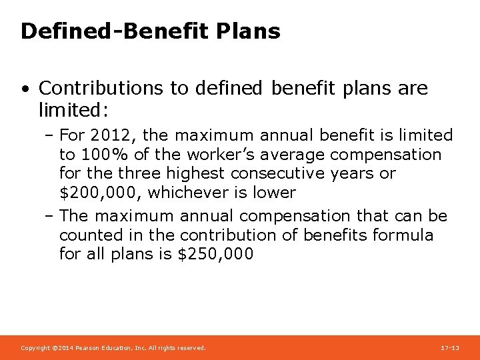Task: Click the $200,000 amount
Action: (x=99, y=193)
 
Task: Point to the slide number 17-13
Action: (x=450, y=348)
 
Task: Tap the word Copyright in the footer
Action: (x=35, y=348)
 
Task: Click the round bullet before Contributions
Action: (x=25, y=89)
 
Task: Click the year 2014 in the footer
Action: (x=65, y=348)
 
